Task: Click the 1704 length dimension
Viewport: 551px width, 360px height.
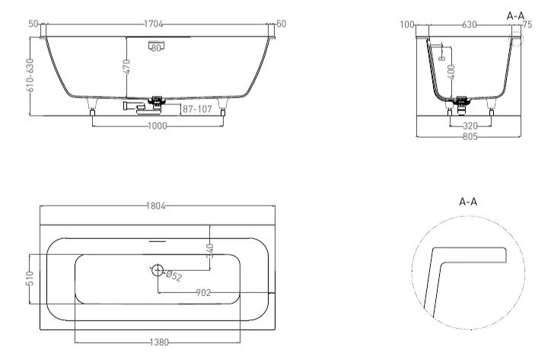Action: click(x=157, y=24)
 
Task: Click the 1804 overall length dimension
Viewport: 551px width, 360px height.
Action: click(x=157, y=206)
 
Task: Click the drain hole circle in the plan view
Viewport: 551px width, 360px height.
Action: click(x=158, y=269)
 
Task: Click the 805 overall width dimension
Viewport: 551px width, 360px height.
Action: click(x=470, y=136)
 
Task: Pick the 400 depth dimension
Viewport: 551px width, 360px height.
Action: click(x=452, y=70)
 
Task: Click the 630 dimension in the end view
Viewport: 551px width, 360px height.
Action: click(x=469, y=24)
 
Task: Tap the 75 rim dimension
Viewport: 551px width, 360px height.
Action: click(x=526, y=24)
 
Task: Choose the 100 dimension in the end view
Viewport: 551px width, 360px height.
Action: click(x=408, y=24)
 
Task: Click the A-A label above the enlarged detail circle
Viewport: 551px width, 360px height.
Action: click(x=468, y=202)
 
